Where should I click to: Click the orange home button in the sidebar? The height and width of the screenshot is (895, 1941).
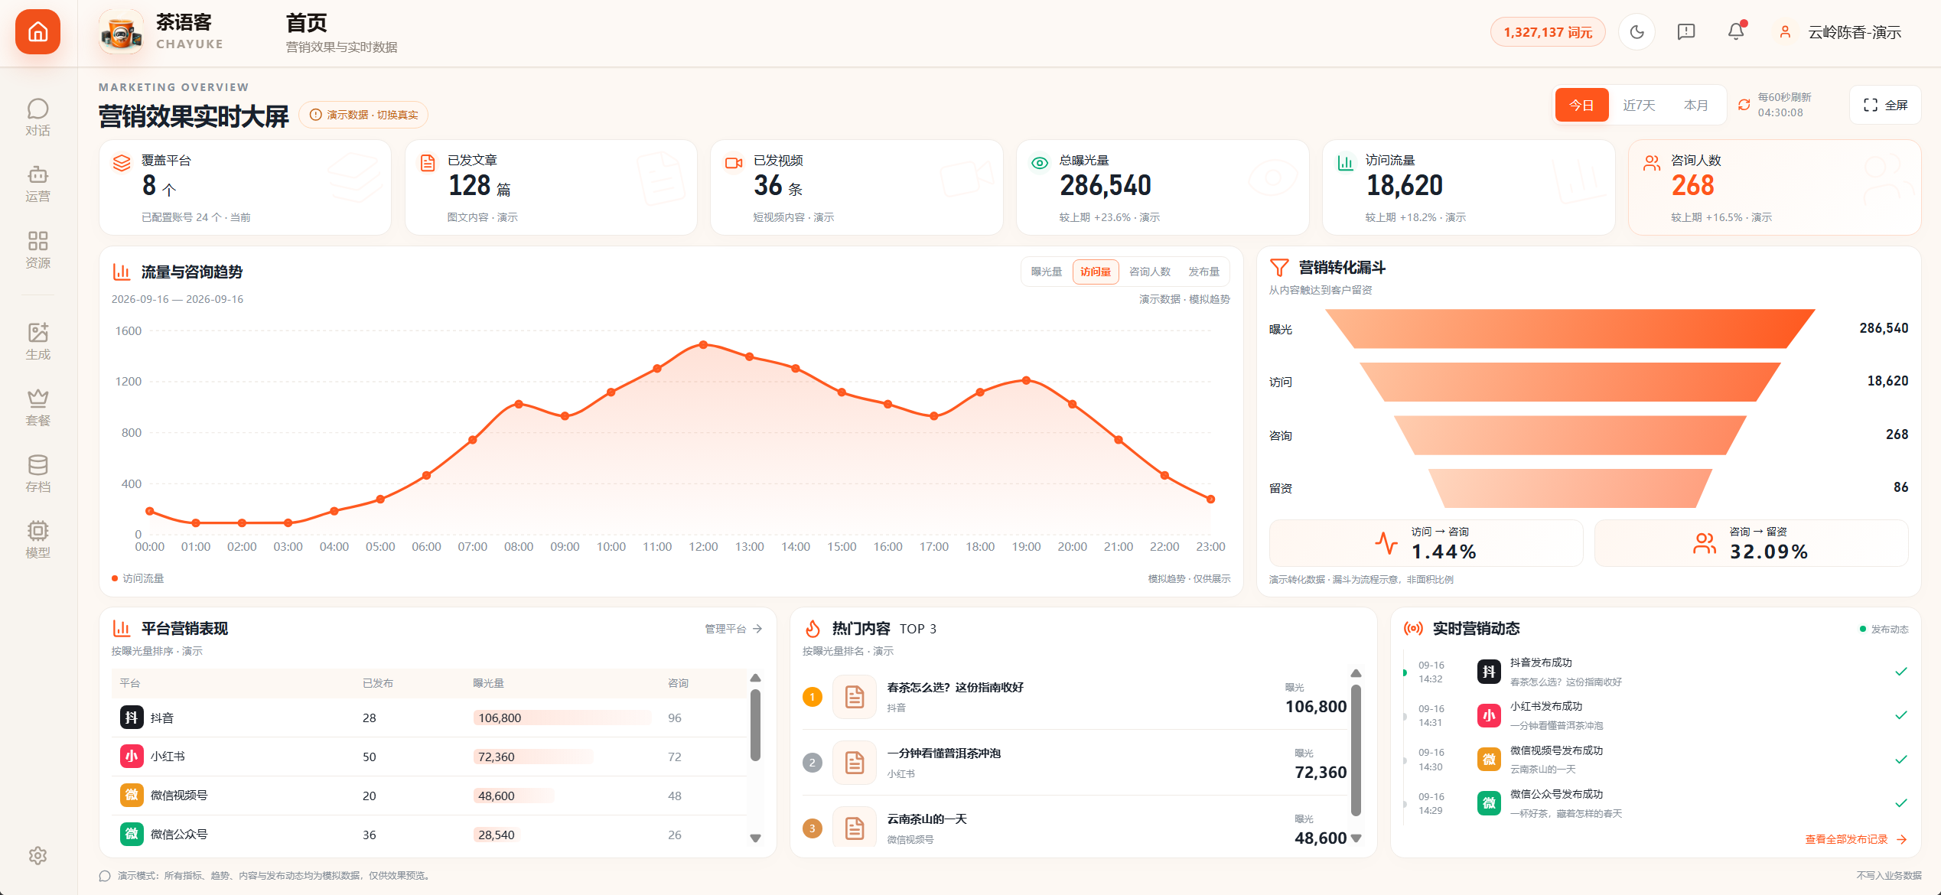click(x=37, y=32)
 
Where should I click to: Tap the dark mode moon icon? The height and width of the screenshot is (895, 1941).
click(x=1637, y=32)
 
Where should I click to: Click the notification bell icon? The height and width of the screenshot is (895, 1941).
click(x=1736, y=31)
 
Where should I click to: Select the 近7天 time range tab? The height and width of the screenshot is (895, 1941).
click(x=1639, y=106)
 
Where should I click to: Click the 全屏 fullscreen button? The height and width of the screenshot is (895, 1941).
click(x=1885, y=105)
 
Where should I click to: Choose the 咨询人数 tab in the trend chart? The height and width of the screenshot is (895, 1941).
click(x=1150, y=272)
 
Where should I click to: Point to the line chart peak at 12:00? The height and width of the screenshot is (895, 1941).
click(x=703, y=345)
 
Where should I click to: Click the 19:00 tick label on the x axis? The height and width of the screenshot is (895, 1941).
click(x=1026, y=547)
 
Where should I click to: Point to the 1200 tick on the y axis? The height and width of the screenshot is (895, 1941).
click(x=128, y=382)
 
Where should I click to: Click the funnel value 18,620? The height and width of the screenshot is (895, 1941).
click(x=1887, y=381)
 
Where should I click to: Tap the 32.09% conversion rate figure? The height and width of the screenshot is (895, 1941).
click(x=1769, y=552)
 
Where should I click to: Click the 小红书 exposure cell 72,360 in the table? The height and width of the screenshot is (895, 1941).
click(x=497, y=757)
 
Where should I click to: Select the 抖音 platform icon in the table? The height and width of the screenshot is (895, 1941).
click(x=132, y=718)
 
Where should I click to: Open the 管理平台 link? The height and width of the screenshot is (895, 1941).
click(x=733, y=629)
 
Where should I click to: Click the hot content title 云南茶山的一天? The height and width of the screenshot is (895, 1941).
click(x=927, y=819)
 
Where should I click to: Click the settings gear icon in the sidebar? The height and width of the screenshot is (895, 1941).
click(x=37, y=855)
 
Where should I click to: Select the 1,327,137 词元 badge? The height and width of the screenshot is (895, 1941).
click(x=1548, y=32)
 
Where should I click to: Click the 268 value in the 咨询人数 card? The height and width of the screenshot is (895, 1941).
click(x=1692, y=185)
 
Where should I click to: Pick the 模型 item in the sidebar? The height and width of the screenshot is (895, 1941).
click(x=37, y=539)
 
